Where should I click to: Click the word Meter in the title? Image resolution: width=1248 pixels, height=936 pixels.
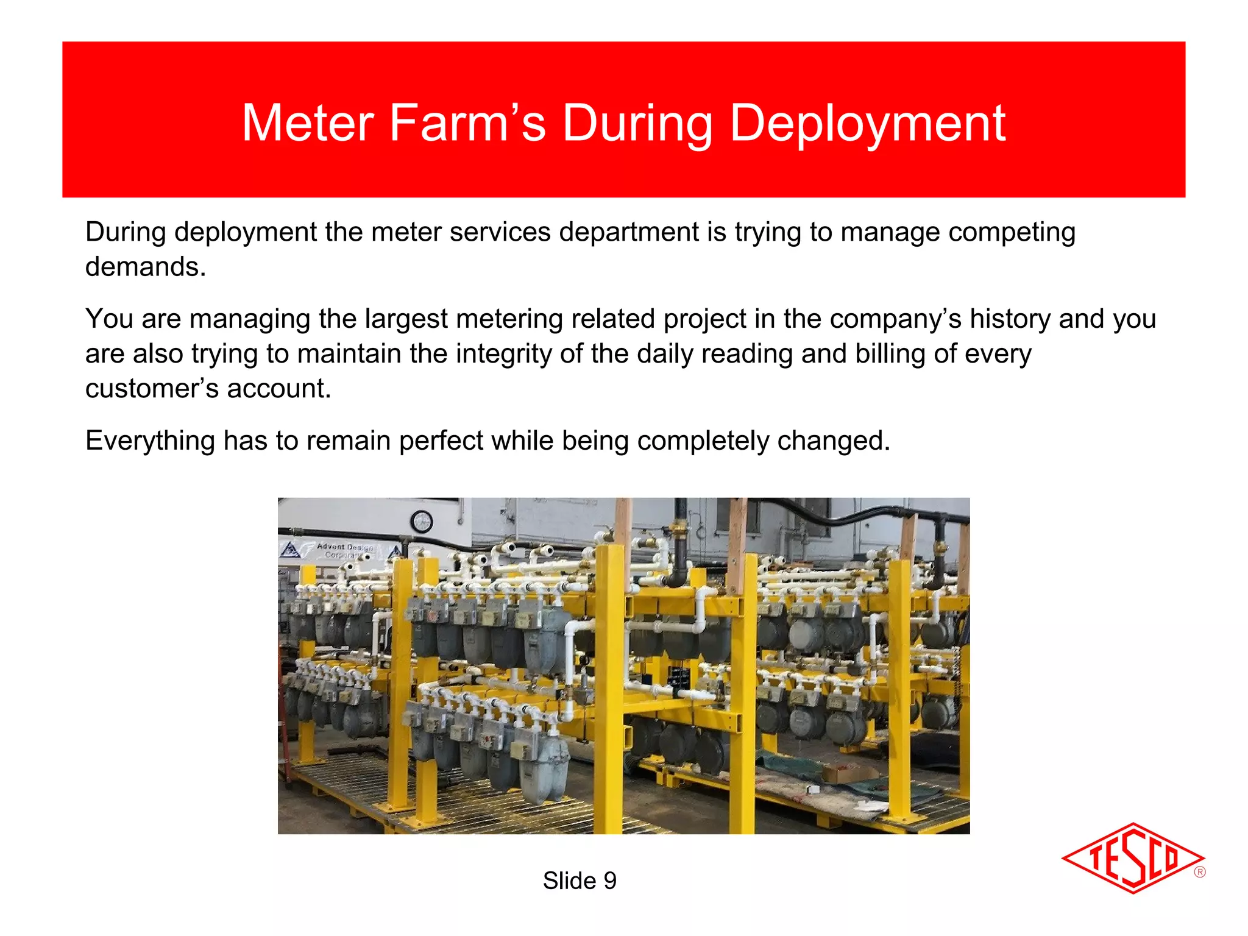coord(308,124)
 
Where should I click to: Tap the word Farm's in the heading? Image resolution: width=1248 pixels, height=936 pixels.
coord(467,124)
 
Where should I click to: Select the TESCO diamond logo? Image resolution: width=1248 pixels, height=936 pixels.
coord(1132,858)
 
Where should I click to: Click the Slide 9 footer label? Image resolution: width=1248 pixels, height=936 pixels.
coord(579,881)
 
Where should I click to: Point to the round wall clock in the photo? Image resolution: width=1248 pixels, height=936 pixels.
coord(422,522)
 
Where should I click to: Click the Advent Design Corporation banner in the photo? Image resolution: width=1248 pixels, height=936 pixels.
coord(345,550)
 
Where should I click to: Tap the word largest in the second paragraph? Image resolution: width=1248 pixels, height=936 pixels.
coord(406,319)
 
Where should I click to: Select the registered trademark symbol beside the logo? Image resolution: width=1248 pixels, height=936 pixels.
coord(1199,872)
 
